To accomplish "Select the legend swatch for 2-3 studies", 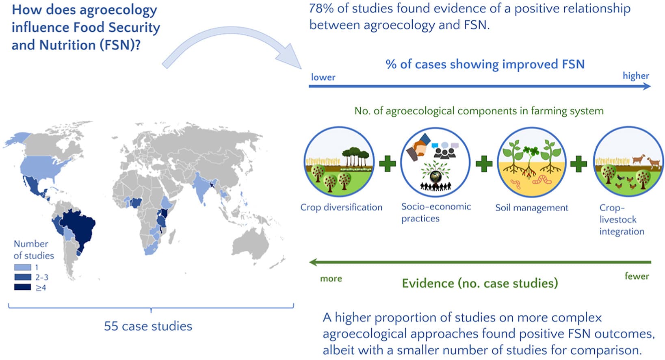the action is click(x=23, y=277).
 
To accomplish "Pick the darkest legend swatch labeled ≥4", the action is click(x=23, y=287).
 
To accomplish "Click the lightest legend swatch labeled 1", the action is click(x=23, y=267).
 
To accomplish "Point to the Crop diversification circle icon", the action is click(x=339, y=162).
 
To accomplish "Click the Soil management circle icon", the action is click(x=532, y=162).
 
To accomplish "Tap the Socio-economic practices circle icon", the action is click(x=435, y=162).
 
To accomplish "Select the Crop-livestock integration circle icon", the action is click(x=628, y=162).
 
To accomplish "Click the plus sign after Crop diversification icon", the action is click(x=388, y=164).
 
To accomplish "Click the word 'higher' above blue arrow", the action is click(x=636, y=76).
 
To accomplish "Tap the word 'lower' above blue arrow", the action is click(x=323, y=77).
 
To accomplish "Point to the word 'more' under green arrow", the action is click(x=331, y=279).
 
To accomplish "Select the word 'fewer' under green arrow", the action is click(x=637, y=276).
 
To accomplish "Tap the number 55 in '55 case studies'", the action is click(x=111, y=326).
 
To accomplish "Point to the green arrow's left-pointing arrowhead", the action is click(x=314, y=262).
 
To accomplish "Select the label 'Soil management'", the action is click(x=532, y=208).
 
